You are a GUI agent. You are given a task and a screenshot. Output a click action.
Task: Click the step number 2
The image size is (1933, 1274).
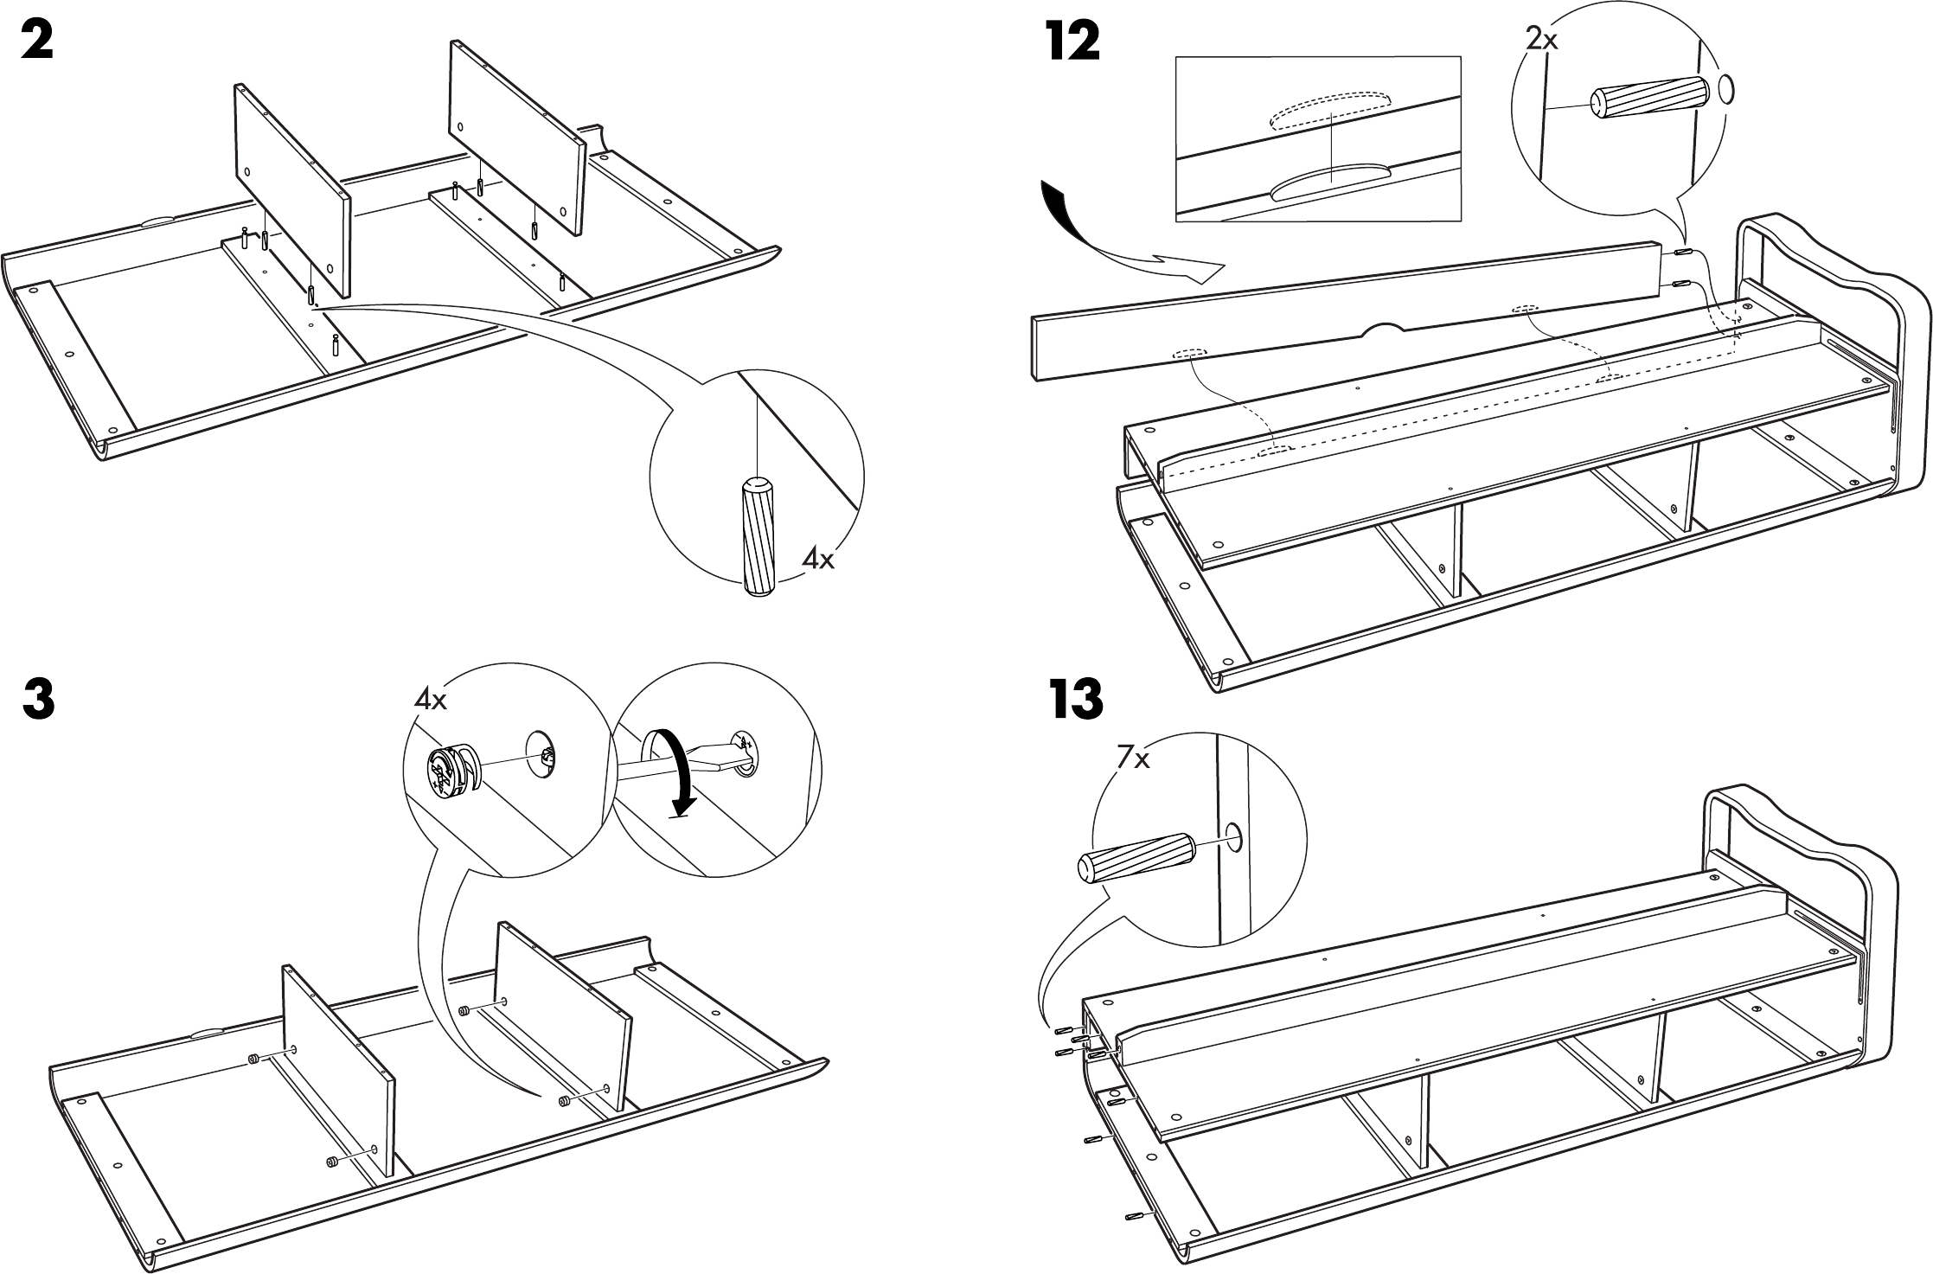[x=36, y=41]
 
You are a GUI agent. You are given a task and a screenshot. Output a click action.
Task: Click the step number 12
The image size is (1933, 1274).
[x=1072, y=42]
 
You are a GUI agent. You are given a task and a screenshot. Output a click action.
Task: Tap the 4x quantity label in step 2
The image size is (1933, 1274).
[x=817, y=560]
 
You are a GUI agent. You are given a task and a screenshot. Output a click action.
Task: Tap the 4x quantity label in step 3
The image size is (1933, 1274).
[x=430, y=699]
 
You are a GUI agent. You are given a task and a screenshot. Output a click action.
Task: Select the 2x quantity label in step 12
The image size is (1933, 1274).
[x=1541, y=40]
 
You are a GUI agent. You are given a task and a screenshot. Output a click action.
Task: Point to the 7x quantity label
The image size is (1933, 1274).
[x=1133, y=759]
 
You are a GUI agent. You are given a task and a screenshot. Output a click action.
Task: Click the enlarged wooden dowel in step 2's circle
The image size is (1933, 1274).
[x=758, y=536]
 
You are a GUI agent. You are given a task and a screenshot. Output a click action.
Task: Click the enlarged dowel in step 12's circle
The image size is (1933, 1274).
[x=1650, y=100]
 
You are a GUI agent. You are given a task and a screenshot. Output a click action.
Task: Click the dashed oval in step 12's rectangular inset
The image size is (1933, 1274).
[x=1330, y=112]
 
